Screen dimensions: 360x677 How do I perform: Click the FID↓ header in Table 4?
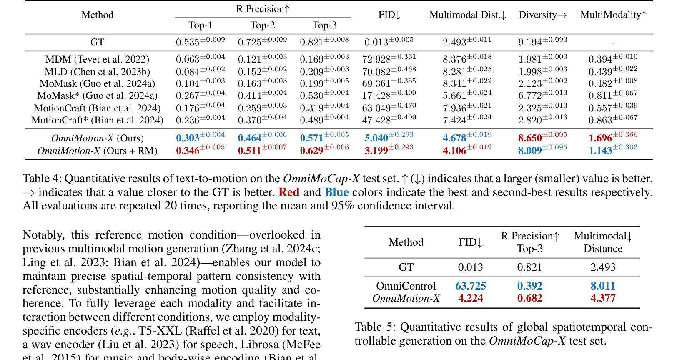pyautogui.click(x=389, y=15)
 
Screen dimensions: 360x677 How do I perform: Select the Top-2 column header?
pyautogui.click(x=263, y=25)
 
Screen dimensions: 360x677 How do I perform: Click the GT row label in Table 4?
pyautogui.click(x=97, y=43)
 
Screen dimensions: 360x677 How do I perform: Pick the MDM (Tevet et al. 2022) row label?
pyautogui.click(x=97, y=60)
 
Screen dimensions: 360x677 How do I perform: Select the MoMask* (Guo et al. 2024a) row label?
pyautogui.click(x=97, y=96)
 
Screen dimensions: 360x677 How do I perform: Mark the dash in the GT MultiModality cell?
pyautogui.click(x=613, y=43)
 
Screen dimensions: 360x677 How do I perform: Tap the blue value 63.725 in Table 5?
pyautogui.click(x=471, y=286)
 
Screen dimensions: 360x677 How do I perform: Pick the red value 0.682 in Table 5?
pyautogui.click(x=529, y=298)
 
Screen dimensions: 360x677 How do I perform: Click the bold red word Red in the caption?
pyautogui.click(x=289, y=192)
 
